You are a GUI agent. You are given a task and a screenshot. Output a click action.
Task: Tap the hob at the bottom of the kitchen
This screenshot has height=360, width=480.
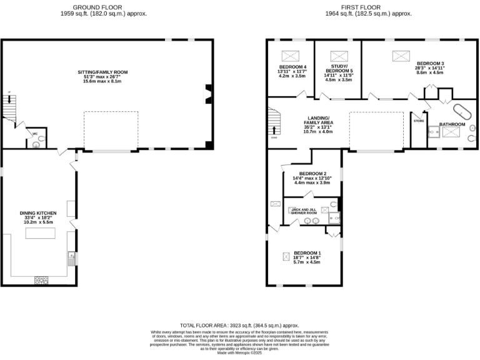tap(42, 279)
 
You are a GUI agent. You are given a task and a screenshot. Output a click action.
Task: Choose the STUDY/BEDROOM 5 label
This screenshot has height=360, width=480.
tap(339, 71)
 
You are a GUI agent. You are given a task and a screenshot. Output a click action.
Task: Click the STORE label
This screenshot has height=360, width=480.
tap(418, 114)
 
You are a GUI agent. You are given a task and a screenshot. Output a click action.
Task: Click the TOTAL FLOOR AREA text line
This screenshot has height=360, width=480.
tap(239, 326)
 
